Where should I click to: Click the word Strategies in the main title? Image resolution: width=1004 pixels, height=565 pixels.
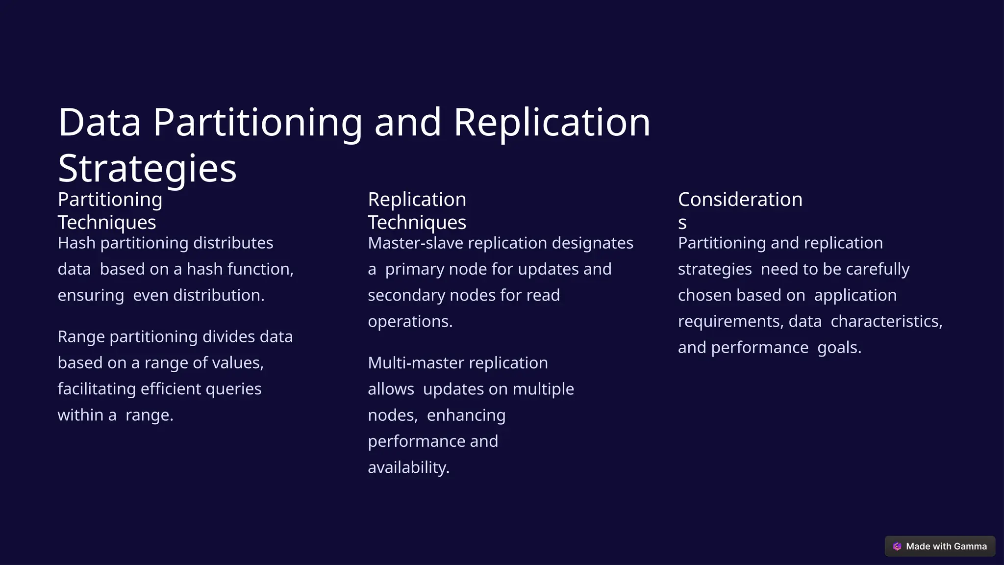(x=147, y=168)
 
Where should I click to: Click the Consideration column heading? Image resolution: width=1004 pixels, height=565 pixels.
(x=740, y=200)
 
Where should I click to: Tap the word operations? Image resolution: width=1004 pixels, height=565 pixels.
(x=410, y=321)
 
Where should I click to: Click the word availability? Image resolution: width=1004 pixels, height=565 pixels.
(x=408, y=467)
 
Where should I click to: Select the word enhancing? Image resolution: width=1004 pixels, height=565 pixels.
(x=466, y=415)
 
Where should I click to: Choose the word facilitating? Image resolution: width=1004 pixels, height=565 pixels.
(x=97, y=389)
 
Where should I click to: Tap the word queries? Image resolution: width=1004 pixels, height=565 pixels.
(x=233, y=389)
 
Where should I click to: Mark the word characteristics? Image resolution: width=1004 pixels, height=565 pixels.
(x=886, y=321)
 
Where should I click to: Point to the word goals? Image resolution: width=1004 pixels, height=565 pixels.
(x=839, y=348)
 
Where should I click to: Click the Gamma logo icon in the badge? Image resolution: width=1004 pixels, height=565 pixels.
(x=897, y=546)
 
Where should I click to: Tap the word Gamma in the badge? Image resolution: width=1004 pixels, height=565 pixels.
(x=970, y=546)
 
